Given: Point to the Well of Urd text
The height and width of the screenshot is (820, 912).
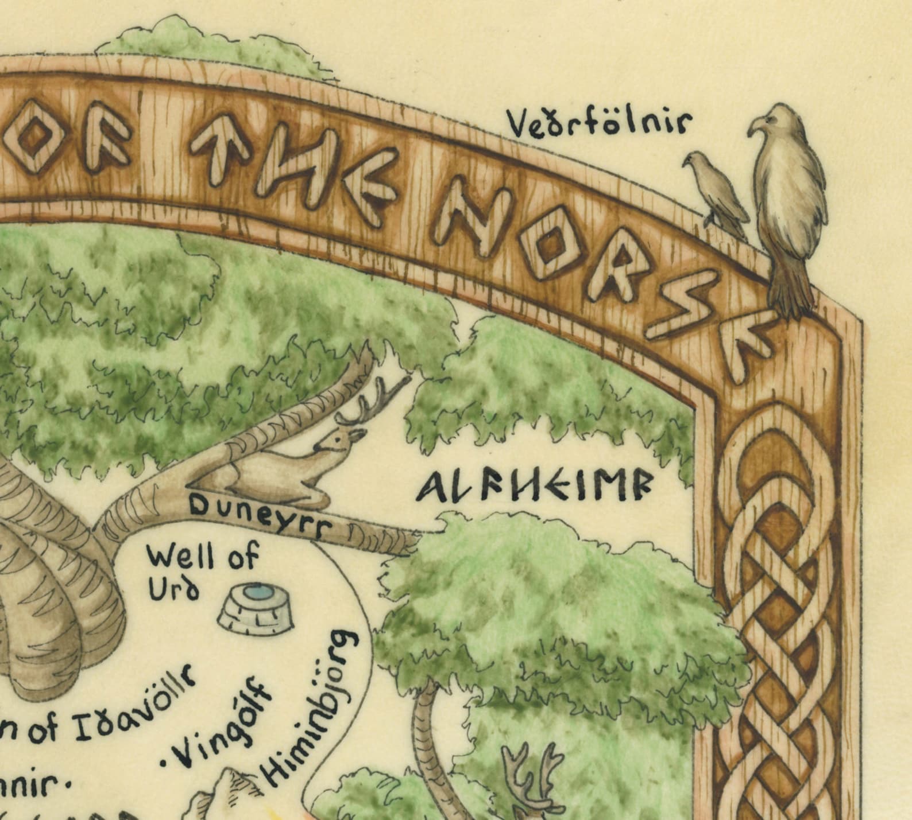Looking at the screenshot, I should (202, 571).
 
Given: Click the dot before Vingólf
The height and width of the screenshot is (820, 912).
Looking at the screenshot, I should (167, 763).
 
